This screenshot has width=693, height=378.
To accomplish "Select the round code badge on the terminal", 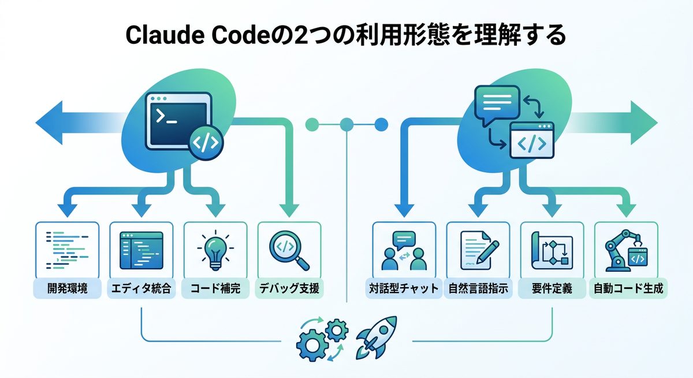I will [x=204, y=144].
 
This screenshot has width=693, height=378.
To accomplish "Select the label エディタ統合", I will [x=141, y=288].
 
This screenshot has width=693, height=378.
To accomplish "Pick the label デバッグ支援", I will [x=289, y=288].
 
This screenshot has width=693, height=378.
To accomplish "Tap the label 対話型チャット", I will [x=403, y=288].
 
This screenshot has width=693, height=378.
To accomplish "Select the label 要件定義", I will [x=552, y=288].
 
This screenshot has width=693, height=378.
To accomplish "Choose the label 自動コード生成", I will [x=628, y=288].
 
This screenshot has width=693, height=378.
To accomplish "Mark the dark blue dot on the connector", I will [x=381, y=123].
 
